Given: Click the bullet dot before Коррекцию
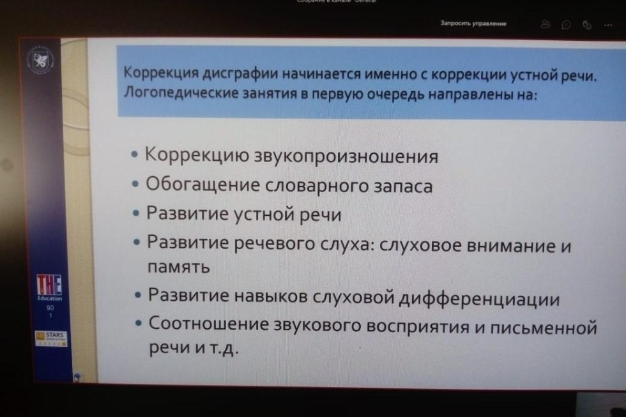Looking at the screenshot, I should click(x=134, y=156).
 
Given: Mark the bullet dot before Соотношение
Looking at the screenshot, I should click(x=139, y=324).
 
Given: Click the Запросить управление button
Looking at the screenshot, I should click(x=473, y=24).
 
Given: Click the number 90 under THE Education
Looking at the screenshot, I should click(x=49, y=307).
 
